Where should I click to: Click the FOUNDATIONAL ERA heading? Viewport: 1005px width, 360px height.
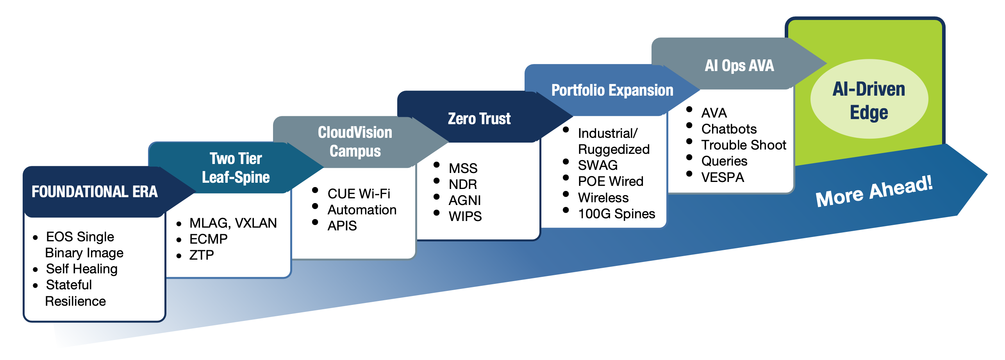coord(95,192)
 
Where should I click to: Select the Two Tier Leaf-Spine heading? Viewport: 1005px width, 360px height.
coord(236,168)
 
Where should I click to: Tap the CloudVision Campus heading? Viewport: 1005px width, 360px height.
coord(355,142)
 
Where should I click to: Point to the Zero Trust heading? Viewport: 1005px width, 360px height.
coord(479,119)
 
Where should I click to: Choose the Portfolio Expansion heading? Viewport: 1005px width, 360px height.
coord(612,90)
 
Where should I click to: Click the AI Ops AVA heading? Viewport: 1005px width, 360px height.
coord(739,66)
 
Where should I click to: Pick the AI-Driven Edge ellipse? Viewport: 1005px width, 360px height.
coord(869,99)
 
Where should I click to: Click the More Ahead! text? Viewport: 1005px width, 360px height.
coord(874,191)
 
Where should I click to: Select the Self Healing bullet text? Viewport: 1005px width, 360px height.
coord(82,269)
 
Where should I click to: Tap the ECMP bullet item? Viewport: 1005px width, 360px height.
coord(209,239)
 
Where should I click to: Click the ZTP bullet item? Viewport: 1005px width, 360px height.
coord(202,255)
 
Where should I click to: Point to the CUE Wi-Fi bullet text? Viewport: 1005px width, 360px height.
coord(359,194)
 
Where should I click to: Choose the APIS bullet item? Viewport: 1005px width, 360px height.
coord(342,226)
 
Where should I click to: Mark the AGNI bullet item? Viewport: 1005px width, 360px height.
coord(465,200)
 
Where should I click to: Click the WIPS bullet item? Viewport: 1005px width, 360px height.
coord(465,216)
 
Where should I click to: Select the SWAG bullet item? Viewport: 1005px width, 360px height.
coord(598,165)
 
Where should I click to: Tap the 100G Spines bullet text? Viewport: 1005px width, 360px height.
coord(617,214)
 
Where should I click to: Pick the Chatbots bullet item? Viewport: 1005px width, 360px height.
coord(729,129)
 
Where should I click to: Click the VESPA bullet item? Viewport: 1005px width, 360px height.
coord(723,177)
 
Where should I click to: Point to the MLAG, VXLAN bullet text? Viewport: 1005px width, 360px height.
coord(233,223)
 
